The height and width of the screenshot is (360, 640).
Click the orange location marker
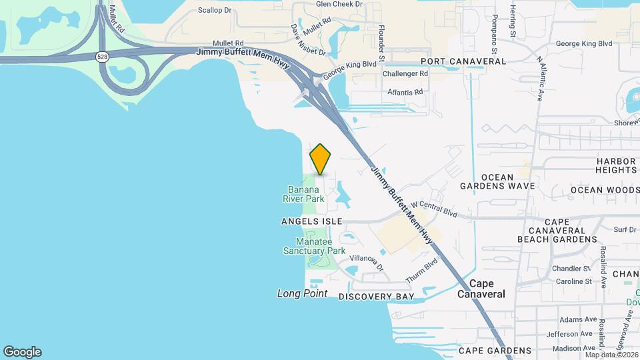(321, 159)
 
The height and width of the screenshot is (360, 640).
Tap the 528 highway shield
(102, 57)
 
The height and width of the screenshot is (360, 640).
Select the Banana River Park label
(306, 194)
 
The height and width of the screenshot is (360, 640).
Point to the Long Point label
(302, 293)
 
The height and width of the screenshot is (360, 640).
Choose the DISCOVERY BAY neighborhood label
(377, 296)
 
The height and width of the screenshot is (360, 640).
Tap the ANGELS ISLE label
(312, 221)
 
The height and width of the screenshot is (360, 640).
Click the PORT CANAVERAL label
(463, 61)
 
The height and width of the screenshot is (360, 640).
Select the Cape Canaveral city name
(481, 289)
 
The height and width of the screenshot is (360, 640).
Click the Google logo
(22, 352)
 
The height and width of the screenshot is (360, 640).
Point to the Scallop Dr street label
(215, 11)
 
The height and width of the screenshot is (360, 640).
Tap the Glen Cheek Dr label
(339, 4)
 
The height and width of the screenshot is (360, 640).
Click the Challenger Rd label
(405, 73)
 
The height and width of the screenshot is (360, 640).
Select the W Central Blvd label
(434, 209)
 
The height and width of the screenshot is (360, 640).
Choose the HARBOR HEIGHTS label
(616, 165)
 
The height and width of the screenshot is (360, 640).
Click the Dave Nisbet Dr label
(307, 41)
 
